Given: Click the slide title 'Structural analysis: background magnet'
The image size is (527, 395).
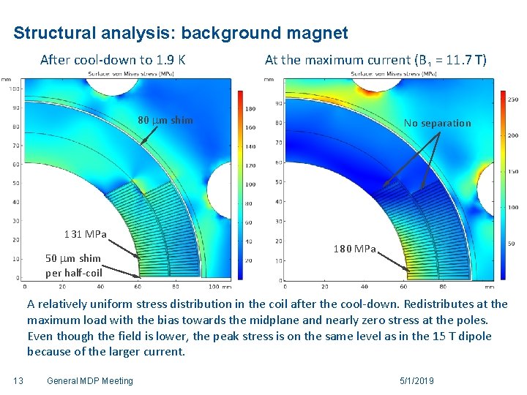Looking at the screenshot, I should [x=180, y=34].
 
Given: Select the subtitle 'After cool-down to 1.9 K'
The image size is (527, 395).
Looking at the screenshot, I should [x=113, y=60].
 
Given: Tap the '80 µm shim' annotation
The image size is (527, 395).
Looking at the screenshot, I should [x=165, y=120].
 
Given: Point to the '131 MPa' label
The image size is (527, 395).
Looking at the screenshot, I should [x=85, y=235].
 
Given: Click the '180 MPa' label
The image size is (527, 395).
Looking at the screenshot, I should [x=354, y=249].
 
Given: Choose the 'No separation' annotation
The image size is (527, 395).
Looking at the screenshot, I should [x=437, y=123].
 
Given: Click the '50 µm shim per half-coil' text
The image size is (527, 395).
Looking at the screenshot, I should [x=73, y=266].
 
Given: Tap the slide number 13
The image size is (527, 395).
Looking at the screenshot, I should [x=19, y=380].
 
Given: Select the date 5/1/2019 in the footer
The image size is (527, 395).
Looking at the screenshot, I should [x=417, y=380].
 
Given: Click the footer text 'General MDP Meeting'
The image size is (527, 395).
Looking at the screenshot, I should [x=89, y=380].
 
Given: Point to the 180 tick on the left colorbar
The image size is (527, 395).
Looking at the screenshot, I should [x=249, y=109].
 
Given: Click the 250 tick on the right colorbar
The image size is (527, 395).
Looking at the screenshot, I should [x=512, y=99].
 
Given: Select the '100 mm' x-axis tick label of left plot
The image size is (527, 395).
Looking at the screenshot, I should [x=217, y=287].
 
